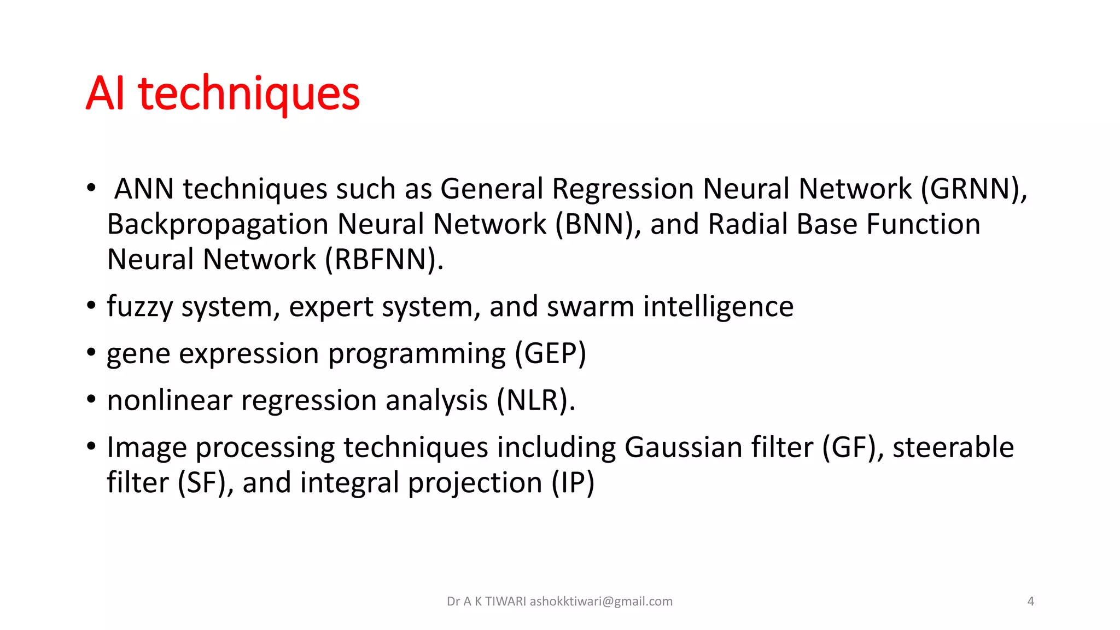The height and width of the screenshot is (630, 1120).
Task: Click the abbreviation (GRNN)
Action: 973,189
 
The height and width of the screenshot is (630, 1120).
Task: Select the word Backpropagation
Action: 217,225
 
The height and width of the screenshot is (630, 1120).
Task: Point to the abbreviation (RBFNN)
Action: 384,260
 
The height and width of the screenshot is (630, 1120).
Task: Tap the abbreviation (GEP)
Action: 550,354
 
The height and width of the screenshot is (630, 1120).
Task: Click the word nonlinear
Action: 170,401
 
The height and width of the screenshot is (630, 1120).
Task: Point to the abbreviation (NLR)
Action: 535,401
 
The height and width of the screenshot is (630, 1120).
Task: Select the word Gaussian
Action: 683,448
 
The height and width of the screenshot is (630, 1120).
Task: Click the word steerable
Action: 953,448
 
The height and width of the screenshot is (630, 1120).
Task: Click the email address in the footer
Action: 600,602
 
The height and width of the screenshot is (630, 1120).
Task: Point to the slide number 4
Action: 1030,602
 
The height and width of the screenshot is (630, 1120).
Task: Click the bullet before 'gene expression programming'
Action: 91,353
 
